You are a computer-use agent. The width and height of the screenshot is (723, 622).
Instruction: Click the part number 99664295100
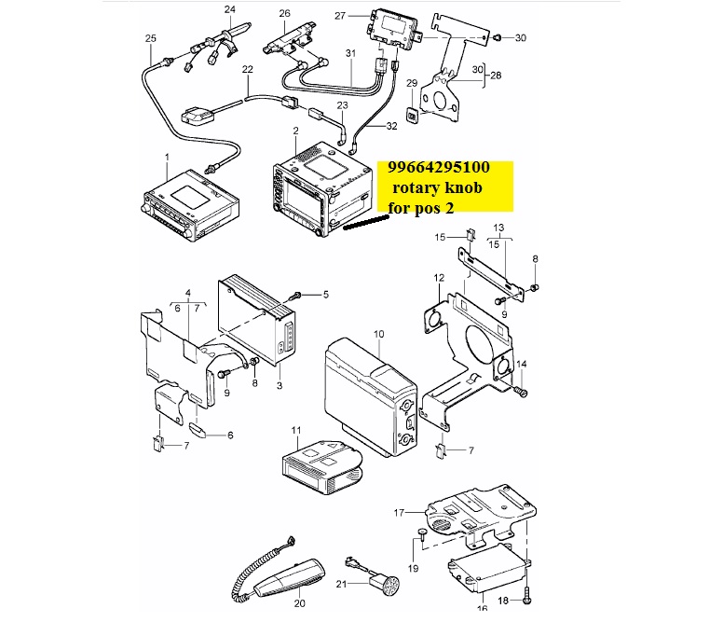pos(439,167)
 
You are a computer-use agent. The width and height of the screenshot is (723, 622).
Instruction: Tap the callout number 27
pos(340,16)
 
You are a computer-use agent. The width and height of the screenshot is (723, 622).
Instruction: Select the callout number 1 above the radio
pos(167,158)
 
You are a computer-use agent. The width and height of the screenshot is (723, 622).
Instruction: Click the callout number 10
pos(378,334)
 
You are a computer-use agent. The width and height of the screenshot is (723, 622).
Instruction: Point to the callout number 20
pos(300,603)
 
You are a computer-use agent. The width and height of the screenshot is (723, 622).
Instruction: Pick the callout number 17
pos(400,513)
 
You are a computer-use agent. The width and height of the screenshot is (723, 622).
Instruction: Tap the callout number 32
pos(391,126)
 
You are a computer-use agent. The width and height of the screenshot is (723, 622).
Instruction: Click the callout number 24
pos(229,9)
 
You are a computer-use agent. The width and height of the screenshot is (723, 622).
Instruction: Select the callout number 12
pos(439,278)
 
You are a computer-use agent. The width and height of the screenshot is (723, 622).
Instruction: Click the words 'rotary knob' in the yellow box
pos(437,187)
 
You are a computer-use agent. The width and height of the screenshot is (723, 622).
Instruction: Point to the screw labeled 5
pos(295,295)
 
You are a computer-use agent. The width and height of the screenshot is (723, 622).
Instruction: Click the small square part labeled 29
pos(412,114)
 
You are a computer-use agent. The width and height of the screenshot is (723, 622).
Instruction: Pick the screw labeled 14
pos(520,392)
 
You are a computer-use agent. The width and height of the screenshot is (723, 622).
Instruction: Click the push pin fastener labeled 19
pos(423,535)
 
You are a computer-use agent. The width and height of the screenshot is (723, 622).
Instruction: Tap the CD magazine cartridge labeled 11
pos(321,466)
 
